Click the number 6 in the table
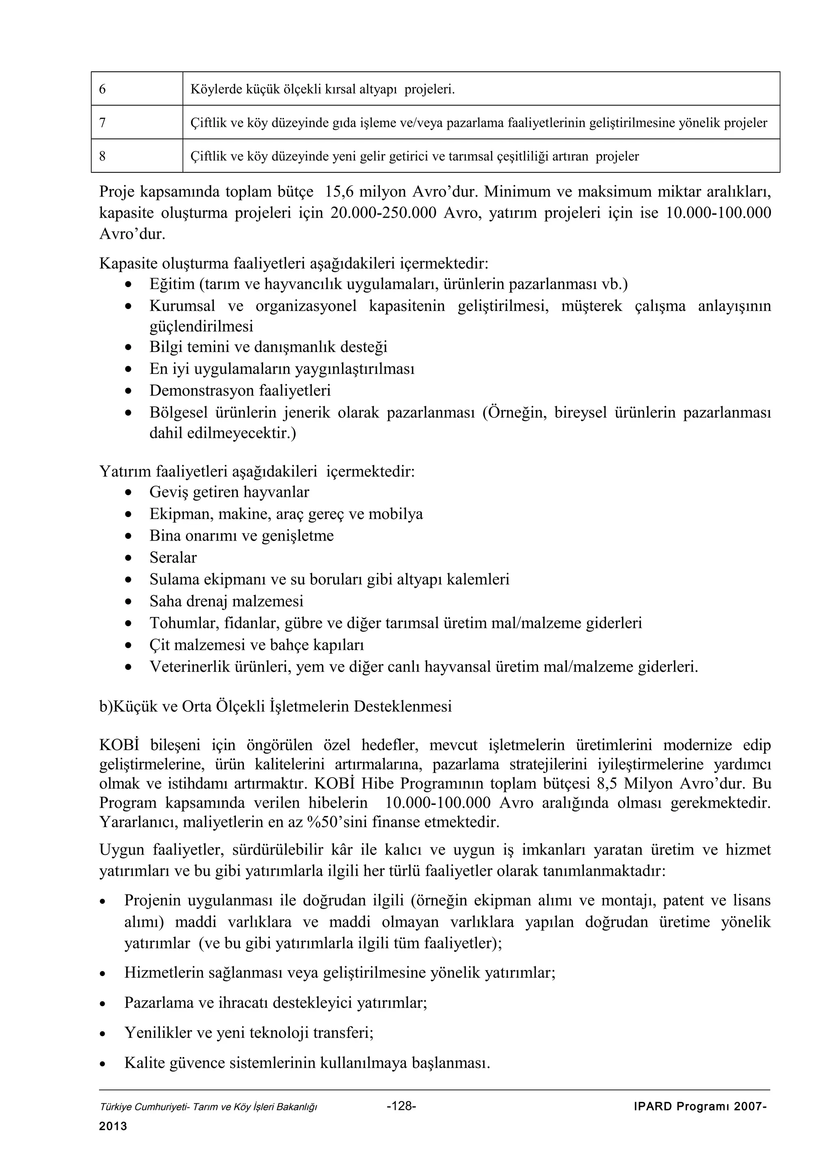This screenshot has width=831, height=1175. pos(102,90)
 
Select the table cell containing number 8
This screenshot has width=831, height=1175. pos(137,156)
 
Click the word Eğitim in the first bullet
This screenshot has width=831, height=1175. pos(172,284)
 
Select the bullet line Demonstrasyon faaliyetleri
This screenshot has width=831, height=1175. pos(240,390)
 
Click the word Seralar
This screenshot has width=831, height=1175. pos(173,557)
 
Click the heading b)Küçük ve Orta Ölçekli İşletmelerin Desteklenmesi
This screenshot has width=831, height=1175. pos(276,707)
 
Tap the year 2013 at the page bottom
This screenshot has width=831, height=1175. pos(113,1126)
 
